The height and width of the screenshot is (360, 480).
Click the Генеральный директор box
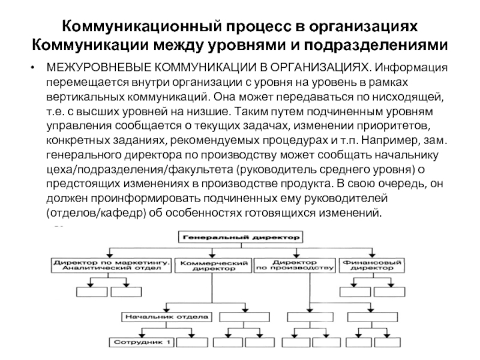[x=241, y=237]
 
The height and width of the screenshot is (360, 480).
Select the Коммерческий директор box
[x=214, y=265]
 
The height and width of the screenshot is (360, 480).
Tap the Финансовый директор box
[x=372, y=265]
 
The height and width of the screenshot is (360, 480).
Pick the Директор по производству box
[x=295, y=265]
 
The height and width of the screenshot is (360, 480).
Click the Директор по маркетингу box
[x=111, y=265]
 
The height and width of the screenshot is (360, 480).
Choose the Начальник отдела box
[x=167, y=317]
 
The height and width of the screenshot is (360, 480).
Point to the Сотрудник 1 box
[x=142, y=342]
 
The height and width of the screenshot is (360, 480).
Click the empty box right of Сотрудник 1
[x=192, y=343]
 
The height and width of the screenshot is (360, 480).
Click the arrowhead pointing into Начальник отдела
[x=167, y=309]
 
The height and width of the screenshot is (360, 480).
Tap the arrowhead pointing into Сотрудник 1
[x=142, y=335]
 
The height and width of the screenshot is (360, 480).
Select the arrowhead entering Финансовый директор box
[x=372, y=256]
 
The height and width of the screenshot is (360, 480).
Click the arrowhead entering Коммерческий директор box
[x=212, y=256]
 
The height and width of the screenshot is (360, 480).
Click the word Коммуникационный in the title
[x=141, y=26]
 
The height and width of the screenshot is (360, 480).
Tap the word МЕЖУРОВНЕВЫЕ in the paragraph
[x=98, y=67]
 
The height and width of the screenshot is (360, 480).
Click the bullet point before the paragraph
[x=32, y=68]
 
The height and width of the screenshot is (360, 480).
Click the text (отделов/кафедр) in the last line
[x=95, y=213]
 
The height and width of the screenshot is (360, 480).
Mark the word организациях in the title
[x=364, y=27]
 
